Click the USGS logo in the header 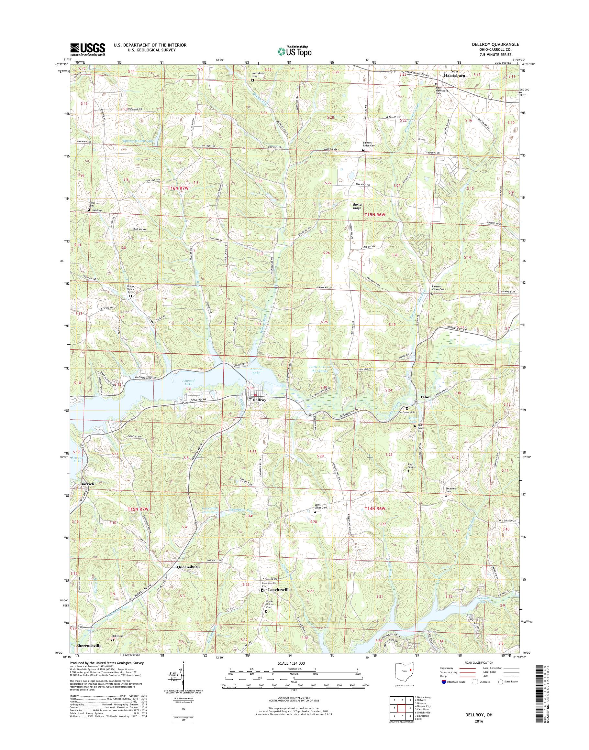(88, 49)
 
